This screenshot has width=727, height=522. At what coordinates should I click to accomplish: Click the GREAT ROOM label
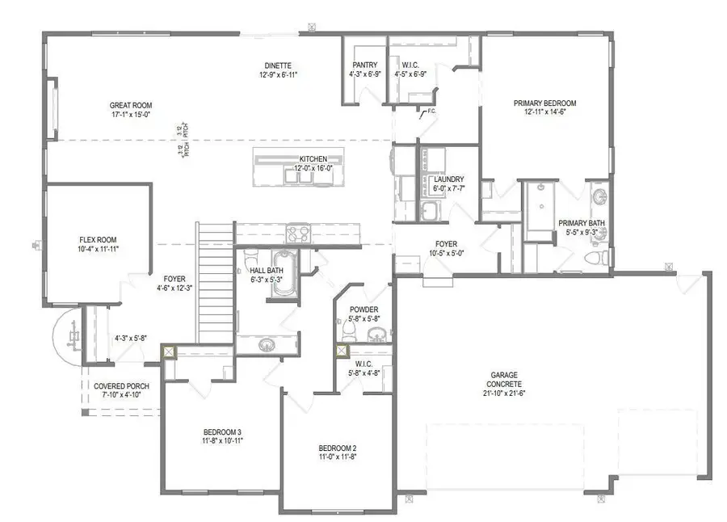tap(131, 105)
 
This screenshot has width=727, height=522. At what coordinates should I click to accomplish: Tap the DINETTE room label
tap(277, 65)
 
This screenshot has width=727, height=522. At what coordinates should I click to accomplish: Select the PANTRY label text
tap(364, 65)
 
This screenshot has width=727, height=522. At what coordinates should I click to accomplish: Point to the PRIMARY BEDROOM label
tap(544, 103)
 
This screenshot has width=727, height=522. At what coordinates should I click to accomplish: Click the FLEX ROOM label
tap(99, 240)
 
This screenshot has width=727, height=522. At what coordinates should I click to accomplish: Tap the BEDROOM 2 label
tap(337, 448)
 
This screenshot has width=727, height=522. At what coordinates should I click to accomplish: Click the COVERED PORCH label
tap(120, 386)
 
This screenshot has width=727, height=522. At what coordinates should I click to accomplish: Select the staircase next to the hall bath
tap(214, 283)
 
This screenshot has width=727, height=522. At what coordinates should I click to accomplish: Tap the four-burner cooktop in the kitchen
tap(298, 234)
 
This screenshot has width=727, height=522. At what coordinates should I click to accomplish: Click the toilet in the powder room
tap(342, 331)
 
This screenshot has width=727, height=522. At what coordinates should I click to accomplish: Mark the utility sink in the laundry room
tap(430, 212)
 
